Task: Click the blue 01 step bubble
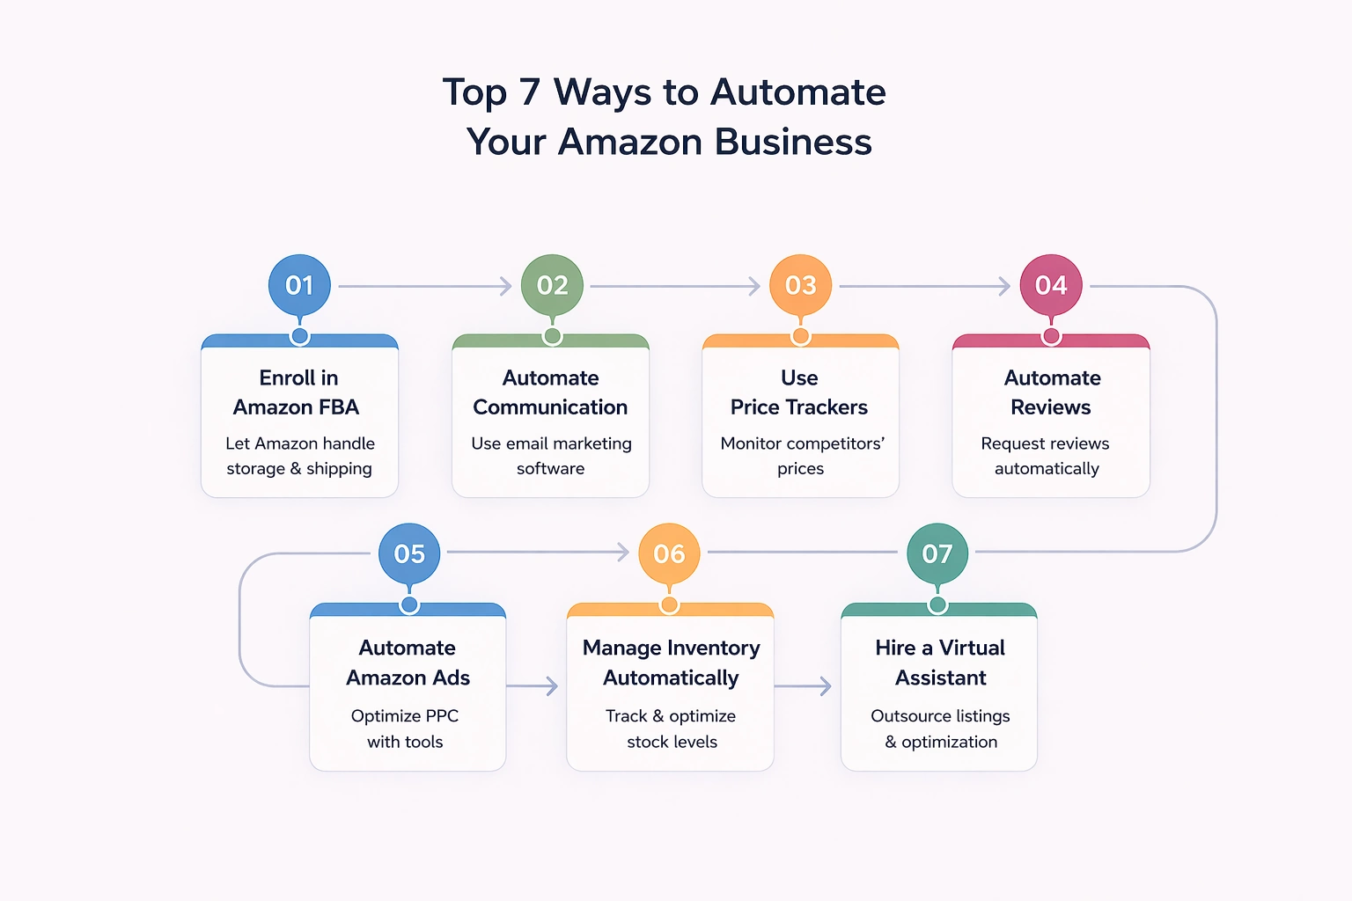click(x=299, y=285)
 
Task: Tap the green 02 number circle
click(x=552, y=285)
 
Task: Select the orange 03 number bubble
click(x=800, y=285)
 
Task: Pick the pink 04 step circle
click(x=1051, y=285)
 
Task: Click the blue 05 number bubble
click(x=409, y=553)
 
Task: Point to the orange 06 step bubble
click(x=669, y=553)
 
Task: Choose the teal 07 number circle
click(x=937, y=553)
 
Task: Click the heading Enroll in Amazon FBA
click(x=298, y=392)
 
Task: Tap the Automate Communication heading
click(x=550, y=392)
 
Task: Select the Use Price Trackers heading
click(x=799, y=392)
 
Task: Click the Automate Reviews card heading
click(x=1052, y=392)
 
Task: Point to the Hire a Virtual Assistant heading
click(x=940, y=663)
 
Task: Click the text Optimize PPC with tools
click(x=405, y=729)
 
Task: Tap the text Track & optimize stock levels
click(x=671, y=729)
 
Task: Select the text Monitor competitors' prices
click(x=802, y=456)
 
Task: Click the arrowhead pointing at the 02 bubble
click(x=506, y=286)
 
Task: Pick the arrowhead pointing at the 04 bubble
click(x=1004, y=286)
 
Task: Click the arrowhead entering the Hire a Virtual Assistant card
click(x=826, y=686)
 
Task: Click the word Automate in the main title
click(x=798, y=92)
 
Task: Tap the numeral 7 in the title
click(x=529, y=92)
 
